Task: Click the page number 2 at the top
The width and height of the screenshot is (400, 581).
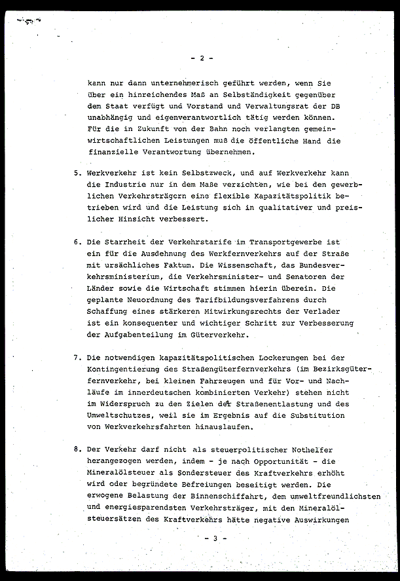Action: [x=201, y=58]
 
